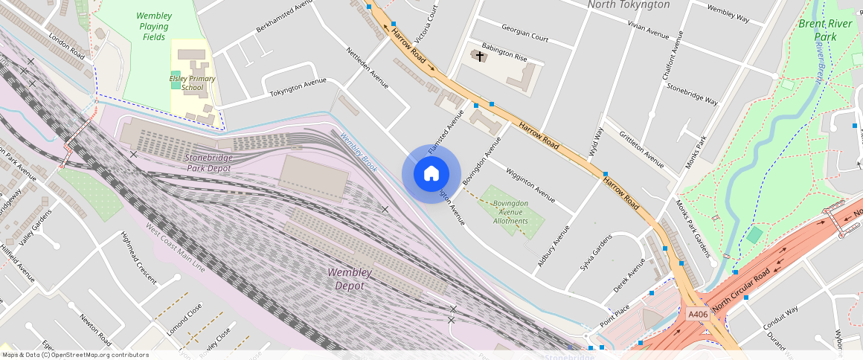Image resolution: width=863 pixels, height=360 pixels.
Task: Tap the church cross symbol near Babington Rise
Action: pyautogui.click(x=480, y=56)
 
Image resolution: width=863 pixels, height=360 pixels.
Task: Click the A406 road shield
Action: pyautogui.click(x=697, y=314)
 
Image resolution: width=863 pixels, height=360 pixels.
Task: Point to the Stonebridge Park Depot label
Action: pyautogui.click(x=208, y=163)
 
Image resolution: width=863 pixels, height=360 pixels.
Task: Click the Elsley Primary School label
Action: pyautogui.click(x=192, y=83)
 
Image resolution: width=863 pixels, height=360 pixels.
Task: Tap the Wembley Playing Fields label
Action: pyautogui.click(x=155, y=26)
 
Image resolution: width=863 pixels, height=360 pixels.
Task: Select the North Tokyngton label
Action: pyautogui.click(x=628, y=5)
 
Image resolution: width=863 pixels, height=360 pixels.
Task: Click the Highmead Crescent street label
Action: pyautogui.click(x=139, y=257)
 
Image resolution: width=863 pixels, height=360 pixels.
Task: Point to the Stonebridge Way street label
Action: pyautogui.click(x=692, y=93)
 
